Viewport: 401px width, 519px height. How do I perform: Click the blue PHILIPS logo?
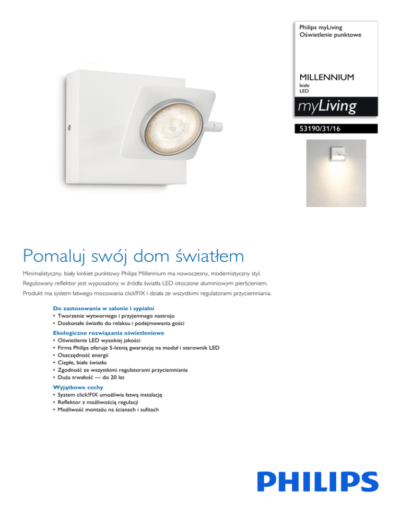click(x=317, y=481)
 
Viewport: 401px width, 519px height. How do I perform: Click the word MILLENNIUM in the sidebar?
click(x=327, y=77)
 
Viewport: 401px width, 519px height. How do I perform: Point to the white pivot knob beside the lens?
click(x=215, y=126)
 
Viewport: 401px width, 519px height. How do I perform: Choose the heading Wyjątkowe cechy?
click(x=78, y=387)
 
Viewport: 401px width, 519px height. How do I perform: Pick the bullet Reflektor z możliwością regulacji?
click(x=104, y=403)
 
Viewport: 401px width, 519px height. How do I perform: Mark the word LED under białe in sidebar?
click(x=304, y=91)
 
